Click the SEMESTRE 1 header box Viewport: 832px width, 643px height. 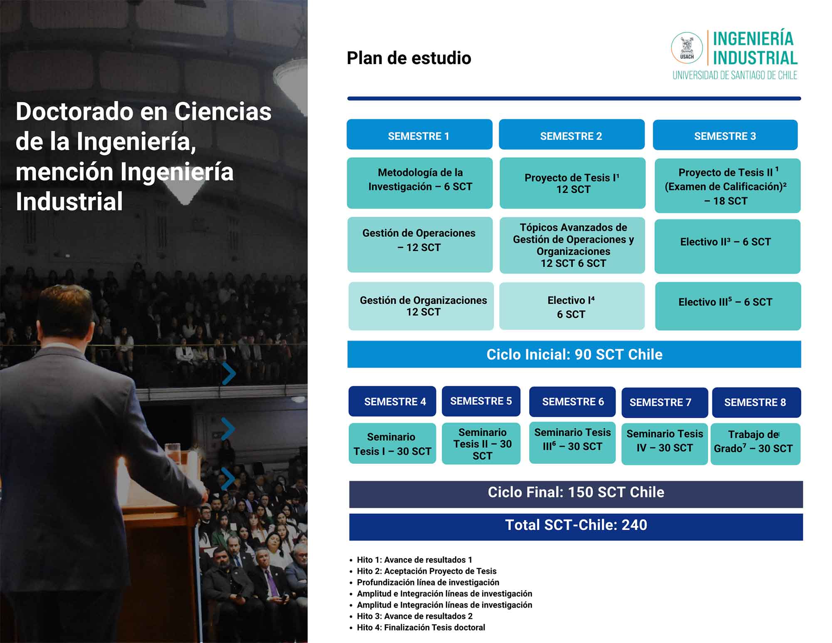419,134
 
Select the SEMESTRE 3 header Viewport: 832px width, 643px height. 725,135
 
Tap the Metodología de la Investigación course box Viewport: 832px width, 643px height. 420,183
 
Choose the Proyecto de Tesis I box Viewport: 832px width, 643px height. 572,183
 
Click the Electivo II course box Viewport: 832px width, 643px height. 728,246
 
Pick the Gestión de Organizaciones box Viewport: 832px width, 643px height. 421,306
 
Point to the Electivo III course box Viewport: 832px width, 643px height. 728,306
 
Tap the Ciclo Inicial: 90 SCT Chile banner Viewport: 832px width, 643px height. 574,354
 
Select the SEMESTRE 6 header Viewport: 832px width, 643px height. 572,402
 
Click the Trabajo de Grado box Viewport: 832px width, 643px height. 755,444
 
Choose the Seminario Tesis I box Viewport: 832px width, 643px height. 392,443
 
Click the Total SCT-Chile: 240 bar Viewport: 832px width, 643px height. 576,527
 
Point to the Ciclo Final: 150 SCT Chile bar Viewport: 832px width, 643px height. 576,494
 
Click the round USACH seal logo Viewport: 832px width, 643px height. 687,48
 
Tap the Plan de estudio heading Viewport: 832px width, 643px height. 409,58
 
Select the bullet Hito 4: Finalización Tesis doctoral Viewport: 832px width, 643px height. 417,627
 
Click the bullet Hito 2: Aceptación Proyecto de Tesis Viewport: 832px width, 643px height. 423,571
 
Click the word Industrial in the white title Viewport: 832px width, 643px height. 69,201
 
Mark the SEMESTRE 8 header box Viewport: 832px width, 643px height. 757,402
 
